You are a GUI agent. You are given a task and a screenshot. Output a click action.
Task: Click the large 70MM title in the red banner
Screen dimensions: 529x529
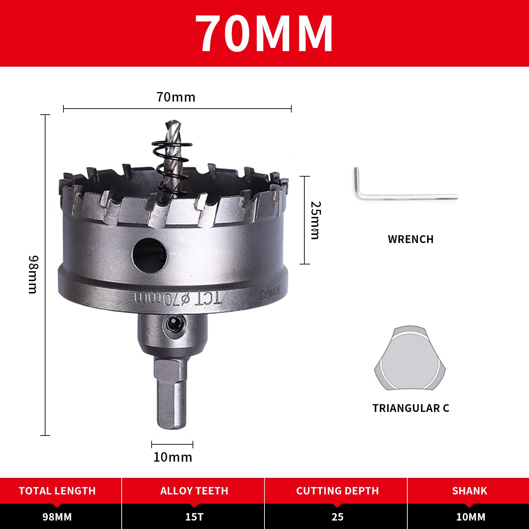click(x=264, y=34)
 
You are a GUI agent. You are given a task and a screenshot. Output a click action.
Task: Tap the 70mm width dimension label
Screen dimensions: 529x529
click(x=176, y=97)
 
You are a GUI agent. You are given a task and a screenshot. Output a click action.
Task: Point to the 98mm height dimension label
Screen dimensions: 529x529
click(x=33, y=274)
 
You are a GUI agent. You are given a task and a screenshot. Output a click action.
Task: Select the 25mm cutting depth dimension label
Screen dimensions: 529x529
click(x=316, y=220)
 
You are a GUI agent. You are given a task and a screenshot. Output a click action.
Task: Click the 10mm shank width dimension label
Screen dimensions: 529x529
click(x=173, y=457)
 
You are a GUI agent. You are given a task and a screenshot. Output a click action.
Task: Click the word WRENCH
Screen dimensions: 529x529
click(x=411, y=239)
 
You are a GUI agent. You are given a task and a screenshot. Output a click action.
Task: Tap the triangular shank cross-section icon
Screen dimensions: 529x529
click(x=410, y=358)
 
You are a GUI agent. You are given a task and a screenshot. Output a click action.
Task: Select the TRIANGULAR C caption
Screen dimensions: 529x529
click(x=411, y=408)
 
